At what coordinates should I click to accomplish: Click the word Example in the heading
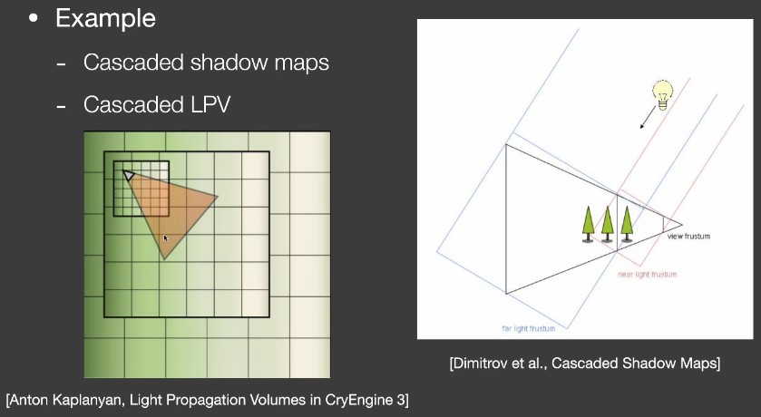pos(105,18)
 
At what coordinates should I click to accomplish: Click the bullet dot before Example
pos(33,18)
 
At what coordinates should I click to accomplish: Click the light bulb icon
pos(662,94)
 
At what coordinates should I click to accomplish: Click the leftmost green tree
pos(588,224)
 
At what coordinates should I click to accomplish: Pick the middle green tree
pos(607,224)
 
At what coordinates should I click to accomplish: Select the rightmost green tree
pos(627,224)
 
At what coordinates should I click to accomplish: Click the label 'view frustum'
pos(688,236)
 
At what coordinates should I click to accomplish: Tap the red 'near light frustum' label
pos(647,275)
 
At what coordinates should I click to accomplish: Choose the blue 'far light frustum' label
pos(529,328)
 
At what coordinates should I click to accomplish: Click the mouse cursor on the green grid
pos(166,238)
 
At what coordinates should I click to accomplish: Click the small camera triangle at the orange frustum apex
pos(129,175)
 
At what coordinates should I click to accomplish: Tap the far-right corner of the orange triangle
pos(217,197)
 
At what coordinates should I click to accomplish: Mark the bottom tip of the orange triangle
pos(164,259)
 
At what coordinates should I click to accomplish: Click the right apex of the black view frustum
pos(682,225)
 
